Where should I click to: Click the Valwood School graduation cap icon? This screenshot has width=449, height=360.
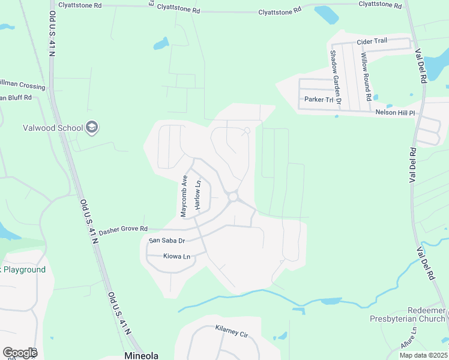click(x=92, y=127)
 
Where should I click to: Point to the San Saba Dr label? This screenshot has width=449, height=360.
click(x=166, y=241)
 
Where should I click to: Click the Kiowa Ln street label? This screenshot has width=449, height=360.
click(x=176, y=256)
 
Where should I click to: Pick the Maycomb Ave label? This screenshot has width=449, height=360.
click(x=185, y=196)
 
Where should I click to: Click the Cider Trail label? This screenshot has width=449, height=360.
click(x=372, y=41)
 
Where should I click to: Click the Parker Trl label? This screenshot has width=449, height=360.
click(x=318, y=99)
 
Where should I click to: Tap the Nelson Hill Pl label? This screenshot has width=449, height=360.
click(x=395, y=112)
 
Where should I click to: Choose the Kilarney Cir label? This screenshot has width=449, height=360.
click(x=231, y=331)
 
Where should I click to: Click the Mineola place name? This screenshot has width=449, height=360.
click(x=141, y=355)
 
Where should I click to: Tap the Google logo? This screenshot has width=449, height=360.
click(x=20, y=353)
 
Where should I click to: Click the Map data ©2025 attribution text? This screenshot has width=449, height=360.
click(x=423, y=355)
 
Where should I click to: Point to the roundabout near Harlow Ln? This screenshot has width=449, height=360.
click(x=233, y=196)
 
